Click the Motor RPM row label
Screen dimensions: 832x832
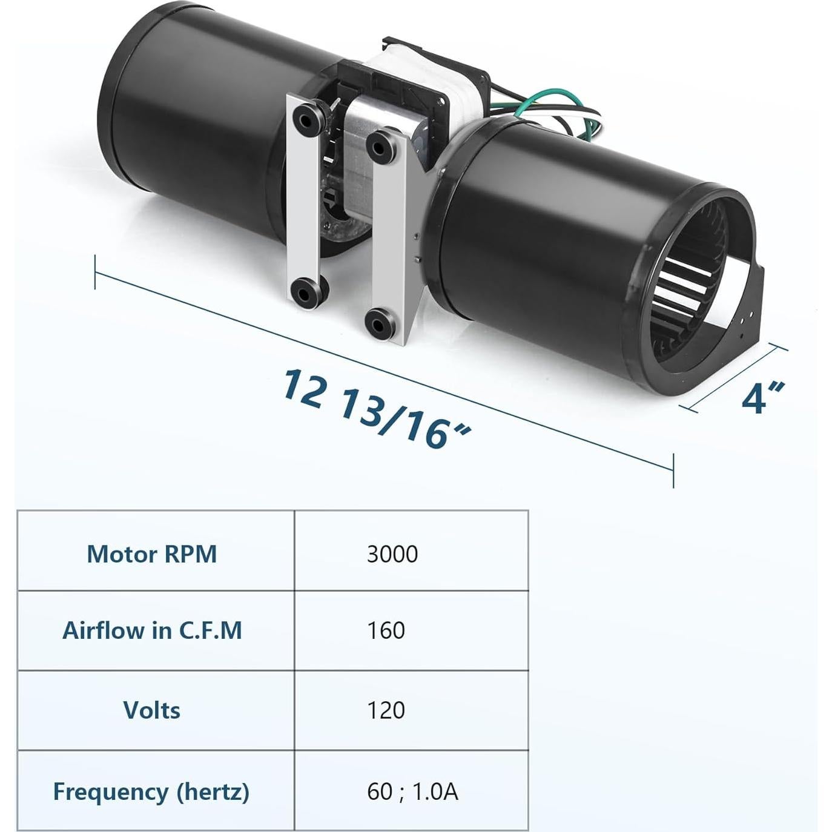click(151, 554)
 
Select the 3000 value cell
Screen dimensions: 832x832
click(392, 554)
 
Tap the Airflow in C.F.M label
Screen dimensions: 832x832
click(152, 631)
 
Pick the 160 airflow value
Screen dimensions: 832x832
click(386, 631)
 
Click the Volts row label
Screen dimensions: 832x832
click(151, 710)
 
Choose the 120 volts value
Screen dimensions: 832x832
click(386, 710)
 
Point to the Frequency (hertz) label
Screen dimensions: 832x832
click(151, 791)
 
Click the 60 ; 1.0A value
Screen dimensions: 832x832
click(412, 791)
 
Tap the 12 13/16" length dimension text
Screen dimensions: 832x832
click(375, 409)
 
